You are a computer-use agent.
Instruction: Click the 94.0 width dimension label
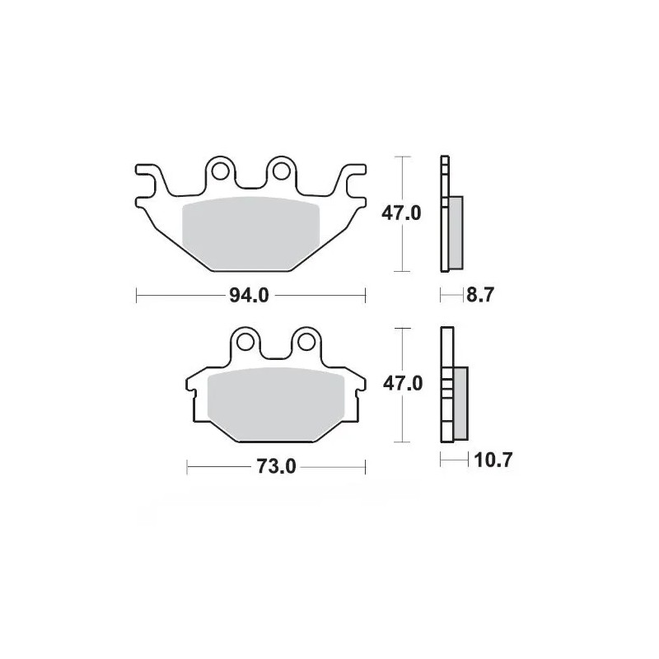pyautogui.click(x=250, y=295)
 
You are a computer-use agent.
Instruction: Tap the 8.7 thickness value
pyautogui.click(x=479, y=295)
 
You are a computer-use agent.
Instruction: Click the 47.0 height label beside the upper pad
pyautogui.click(x=401, y=213)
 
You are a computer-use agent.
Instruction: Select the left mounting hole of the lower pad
pyautogui.click(x=245, y=342)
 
